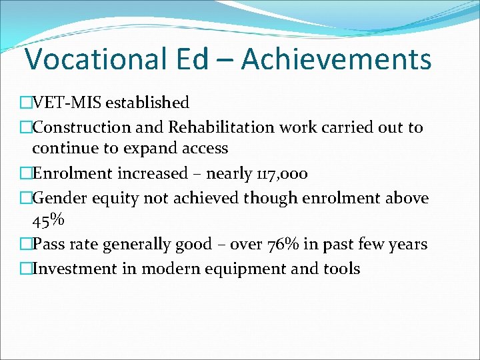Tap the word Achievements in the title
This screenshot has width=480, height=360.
pos(336,59)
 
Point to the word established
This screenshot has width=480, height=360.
pos(147,103)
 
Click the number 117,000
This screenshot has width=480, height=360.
pos(283,174)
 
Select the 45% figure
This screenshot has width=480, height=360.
pos(47,220)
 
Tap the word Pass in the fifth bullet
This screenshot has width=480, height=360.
pos(49,244)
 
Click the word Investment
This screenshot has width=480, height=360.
pos(72,269)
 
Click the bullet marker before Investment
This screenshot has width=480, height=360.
pos(25,269)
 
